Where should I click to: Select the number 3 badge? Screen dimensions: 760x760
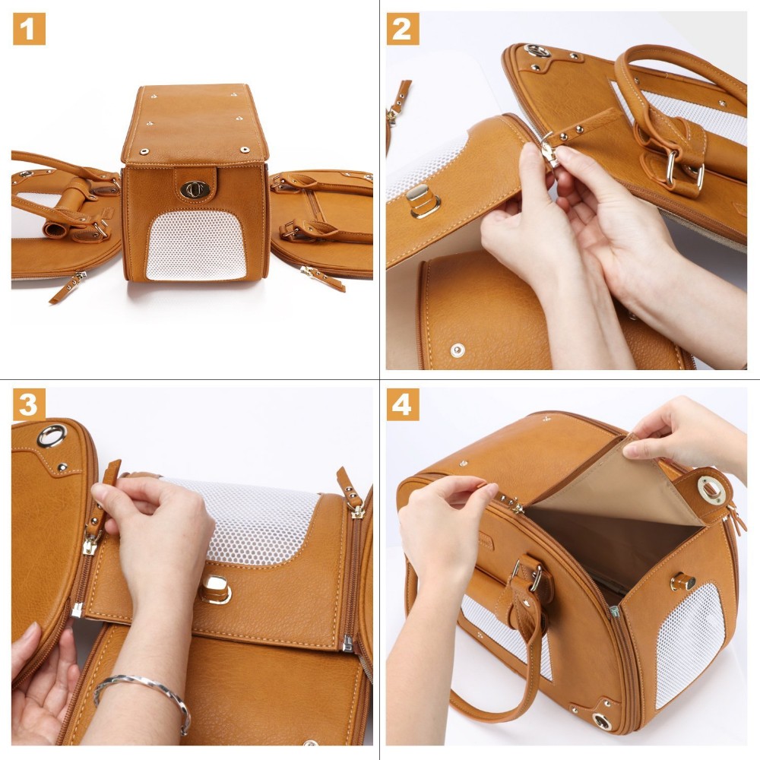coord(28,404)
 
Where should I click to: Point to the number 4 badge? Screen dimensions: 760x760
coord(403,404)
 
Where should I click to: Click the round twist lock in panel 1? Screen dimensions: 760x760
coord(195,189)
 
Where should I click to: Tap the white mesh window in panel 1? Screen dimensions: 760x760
coord(197,245)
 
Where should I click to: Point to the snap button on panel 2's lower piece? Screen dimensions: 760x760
coord(457,350)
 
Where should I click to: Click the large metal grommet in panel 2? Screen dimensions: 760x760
coord(537,51)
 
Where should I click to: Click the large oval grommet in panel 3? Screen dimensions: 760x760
coord(52,435)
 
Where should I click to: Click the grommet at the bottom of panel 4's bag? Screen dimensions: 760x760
coord(602,720)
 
